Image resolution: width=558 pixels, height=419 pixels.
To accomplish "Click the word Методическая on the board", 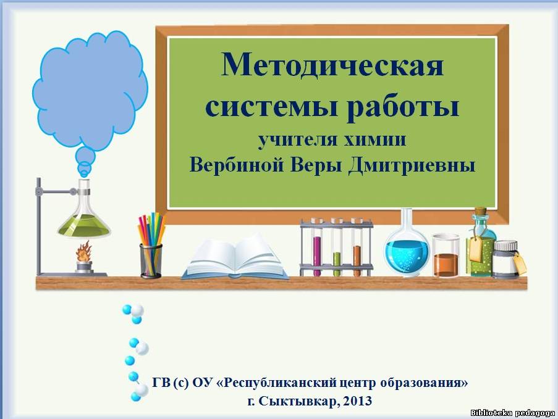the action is pos(332,65).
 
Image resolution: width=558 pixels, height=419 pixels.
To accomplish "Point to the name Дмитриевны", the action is pos(412,165).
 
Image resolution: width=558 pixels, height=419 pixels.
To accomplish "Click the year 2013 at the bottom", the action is pos(358,401).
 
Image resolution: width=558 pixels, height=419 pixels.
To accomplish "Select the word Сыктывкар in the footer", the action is pos(299,401).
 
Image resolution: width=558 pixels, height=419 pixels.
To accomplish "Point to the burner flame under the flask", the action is pos(84,251).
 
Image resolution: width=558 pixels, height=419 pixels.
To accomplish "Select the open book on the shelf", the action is pos(235,257).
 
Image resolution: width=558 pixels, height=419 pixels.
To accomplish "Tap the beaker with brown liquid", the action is pos(446,255).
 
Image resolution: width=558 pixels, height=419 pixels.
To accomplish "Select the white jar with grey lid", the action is pos(506,259).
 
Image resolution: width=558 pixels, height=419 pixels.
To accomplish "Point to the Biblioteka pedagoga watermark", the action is pos(512,413).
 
